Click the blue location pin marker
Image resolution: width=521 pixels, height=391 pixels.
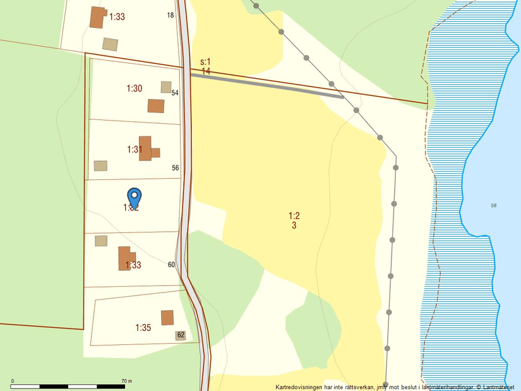[134, 197]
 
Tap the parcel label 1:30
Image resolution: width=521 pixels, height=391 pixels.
[134, 88]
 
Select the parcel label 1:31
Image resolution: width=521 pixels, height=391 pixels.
[134, 150]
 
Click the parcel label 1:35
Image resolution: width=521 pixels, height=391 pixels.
[143, 327]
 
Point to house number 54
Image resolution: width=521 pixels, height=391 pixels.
[175, 93]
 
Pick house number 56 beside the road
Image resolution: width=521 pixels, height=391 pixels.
[176, 168]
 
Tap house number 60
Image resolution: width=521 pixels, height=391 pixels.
[171, 265]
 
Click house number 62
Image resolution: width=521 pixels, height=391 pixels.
[181, 335]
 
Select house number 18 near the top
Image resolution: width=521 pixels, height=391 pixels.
[171, 15]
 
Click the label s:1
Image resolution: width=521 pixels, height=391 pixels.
[205, 62]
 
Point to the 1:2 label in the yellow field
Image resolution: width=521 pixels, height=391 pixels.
[294, 215]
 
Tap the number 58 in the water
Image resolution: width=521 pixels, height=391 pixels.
[493, 206]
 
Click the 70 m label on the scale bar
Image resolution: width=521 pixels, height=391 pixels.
[126, 381]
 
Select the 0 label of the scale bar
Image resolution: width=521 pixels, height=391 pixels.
[13, 381]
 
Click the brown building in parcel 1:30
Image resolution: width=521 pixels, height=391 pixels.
[156, 105]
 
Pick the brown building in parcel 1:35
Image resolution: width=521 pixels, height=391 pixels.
[167, 317]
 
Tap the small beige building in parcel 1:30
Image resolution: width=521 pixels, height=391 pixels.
[166, 87]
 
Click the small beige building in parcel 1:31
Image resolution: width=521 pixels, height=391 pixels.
[100, 165]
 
